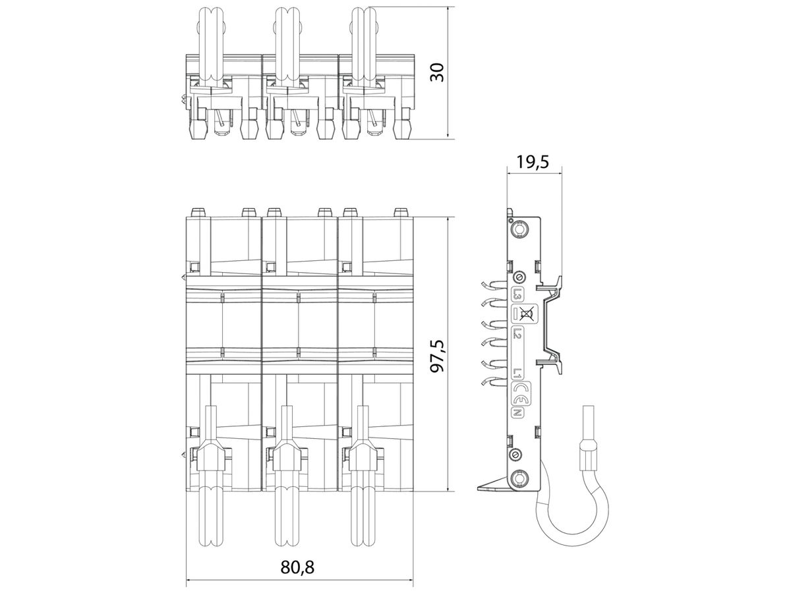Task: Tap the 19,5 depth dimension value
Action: (x=533, y=161)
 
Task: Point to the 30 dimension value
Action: (x=438, y=72)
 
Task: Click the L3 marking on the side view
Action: (x=516, y=295)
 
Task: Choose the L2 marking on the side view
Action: (x=516, y=333)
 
